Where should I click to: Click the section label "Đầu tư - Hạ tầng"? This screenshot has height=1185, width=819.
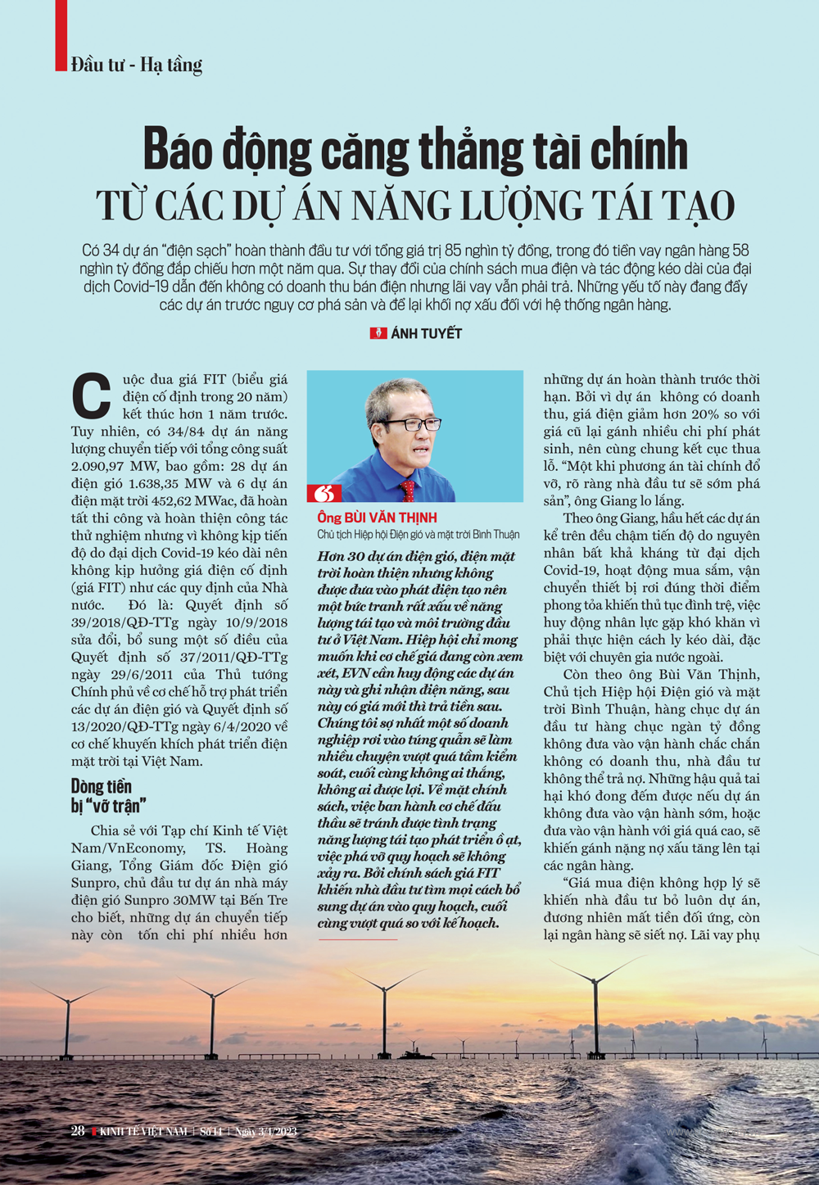pyautogui.click(x=137, y=65)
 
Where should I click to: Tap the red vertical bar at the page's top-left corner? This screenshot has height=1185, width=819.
pyautogui.click(x=61, y=35)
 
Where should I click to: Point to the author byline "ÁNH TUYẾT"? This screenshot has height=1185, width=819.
pyautogui.click(x=426, y=333)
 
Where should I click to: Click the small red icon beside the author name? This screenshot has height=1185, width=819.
pyautogui.click(x=378, y=333)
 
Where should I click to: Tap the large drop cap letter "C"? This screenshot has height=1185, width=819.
pyautogui.click(x=91, y=396)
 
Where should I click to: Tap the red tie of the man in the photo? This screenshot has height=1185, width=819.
pyautogui.click(x=408, y=490)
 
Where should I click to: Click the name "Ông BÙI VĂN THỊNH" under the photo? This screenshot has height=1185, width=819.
pyautogui.click(x=377, y=518)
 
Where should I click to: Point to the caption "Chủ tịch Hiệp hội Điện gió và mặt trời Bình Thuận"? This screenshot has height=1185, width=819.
pyautogui.click(x=418, y=534)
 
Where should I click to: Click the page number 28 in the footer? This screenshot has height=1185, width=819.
pyautogui.click(x=78, y=1131)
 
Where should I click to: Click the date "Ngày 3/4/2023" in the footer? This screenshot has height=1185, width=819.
pyautogui.click(x=266, y=1132)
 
